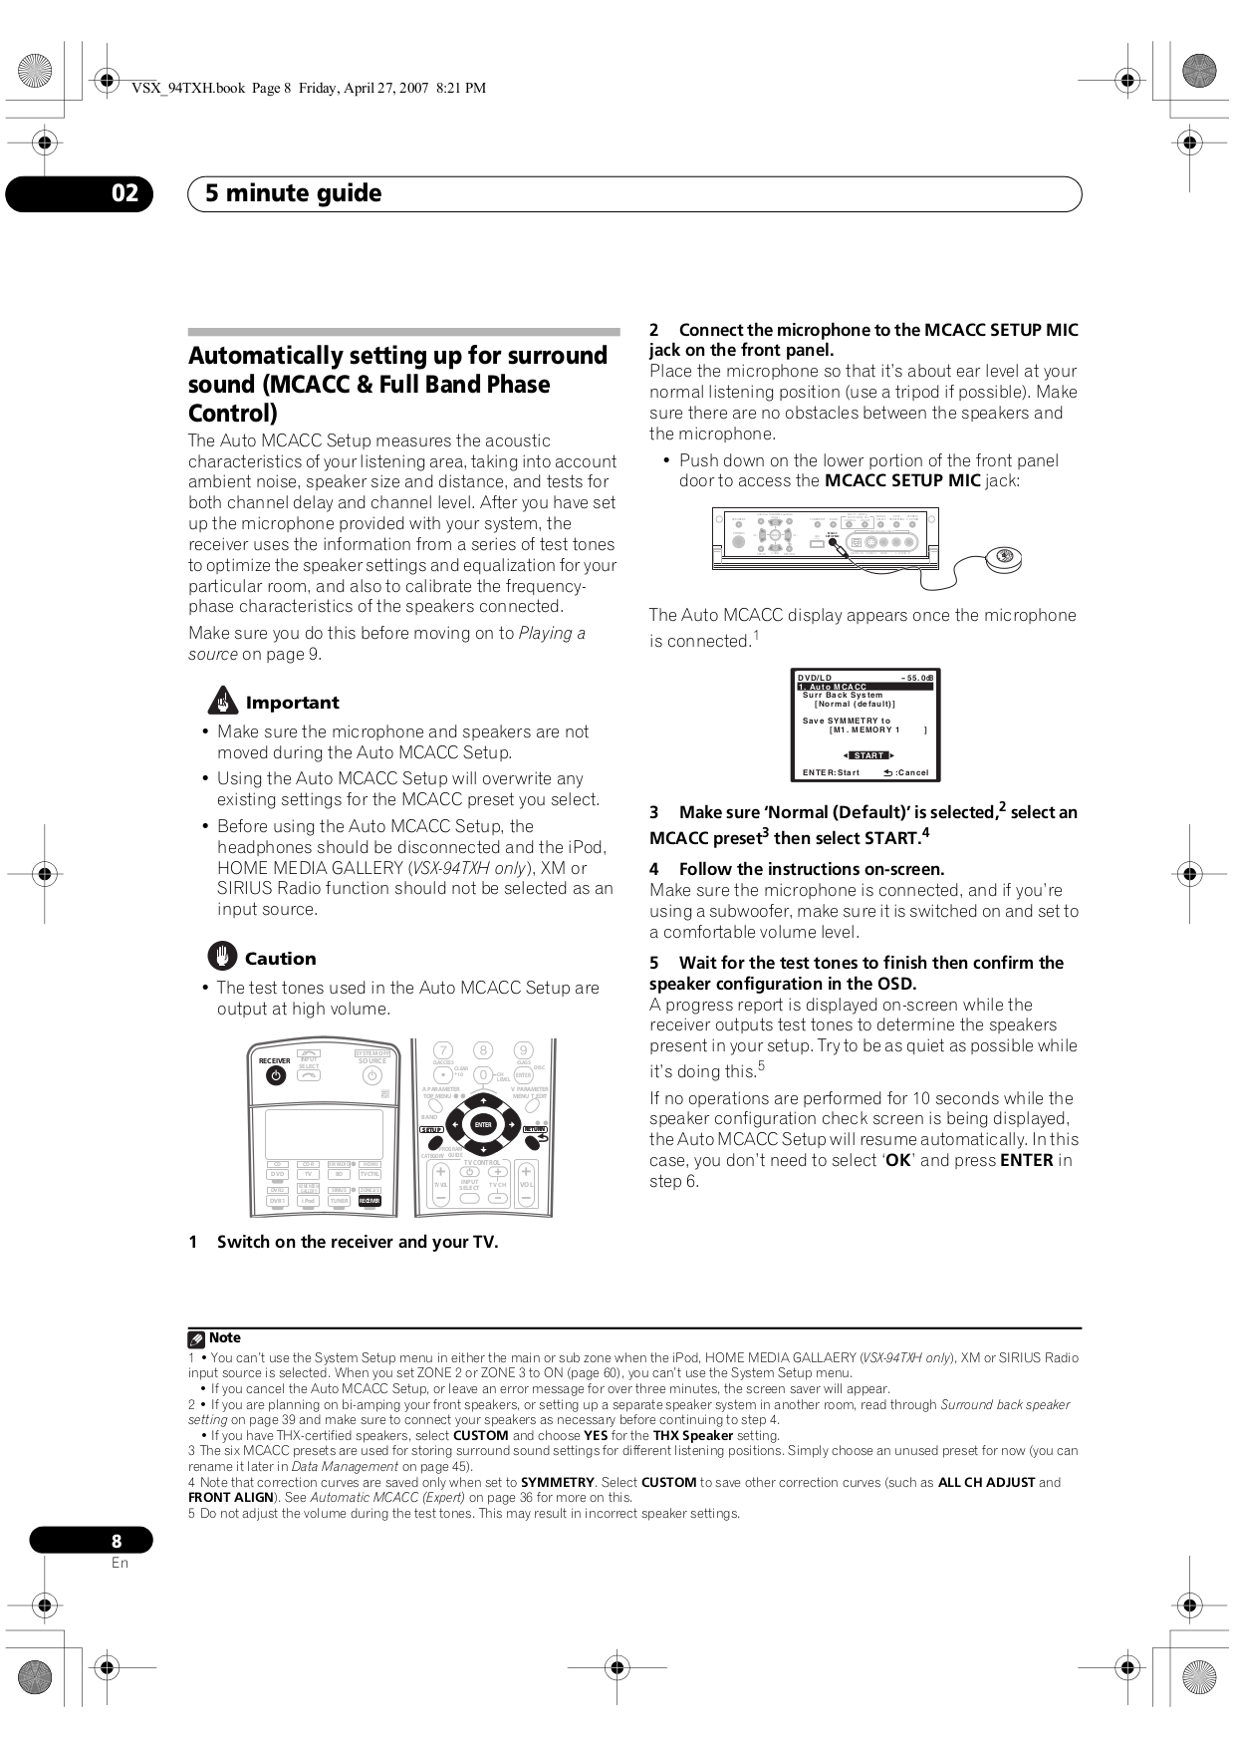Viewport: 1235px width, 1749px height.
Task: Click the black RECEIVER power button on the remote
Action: (x=275, y=1077)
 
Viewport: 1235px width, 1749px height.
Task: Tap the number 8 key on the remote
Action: (x=483, y=1049)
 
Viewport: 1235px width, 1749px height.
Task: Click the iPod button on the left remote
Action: (x=308, y=1202)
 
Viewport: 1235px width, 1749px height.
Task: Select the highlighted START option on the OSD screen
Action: (x=868, y=755)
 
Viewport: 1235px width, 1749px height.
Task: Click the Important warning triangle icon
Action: (x=221, y=702)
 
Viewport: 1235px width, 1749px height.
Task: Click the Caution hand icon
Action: (x=221, y=958)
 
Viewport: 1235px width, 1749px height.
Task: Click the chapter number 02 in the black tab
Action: (x=124, y=193)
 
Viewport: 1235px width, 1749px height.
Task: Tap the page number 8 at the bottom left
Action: (x=117, y=1540)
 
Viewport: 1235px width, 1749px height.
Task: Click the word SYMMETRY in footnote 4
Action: (x=557, y=1482)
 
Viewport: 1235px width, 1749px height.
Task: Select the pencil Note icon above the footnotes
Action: (x=196, y=1338)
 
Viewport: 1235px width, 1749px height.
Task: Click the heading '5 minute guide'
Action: (x=293, y=193)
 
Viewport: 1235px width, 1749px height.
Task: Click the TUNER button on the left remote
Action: (x=339, y=1202)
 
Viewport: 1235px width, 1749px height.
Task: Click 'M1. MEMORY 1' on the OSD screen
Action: (x=864, y=729)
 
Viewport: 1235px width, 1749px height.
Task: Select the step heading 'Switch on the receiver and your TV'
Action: (x=357, y=1242)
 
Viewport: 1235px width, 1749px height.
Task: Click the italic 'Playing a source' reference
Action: (x=552, y=633)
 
